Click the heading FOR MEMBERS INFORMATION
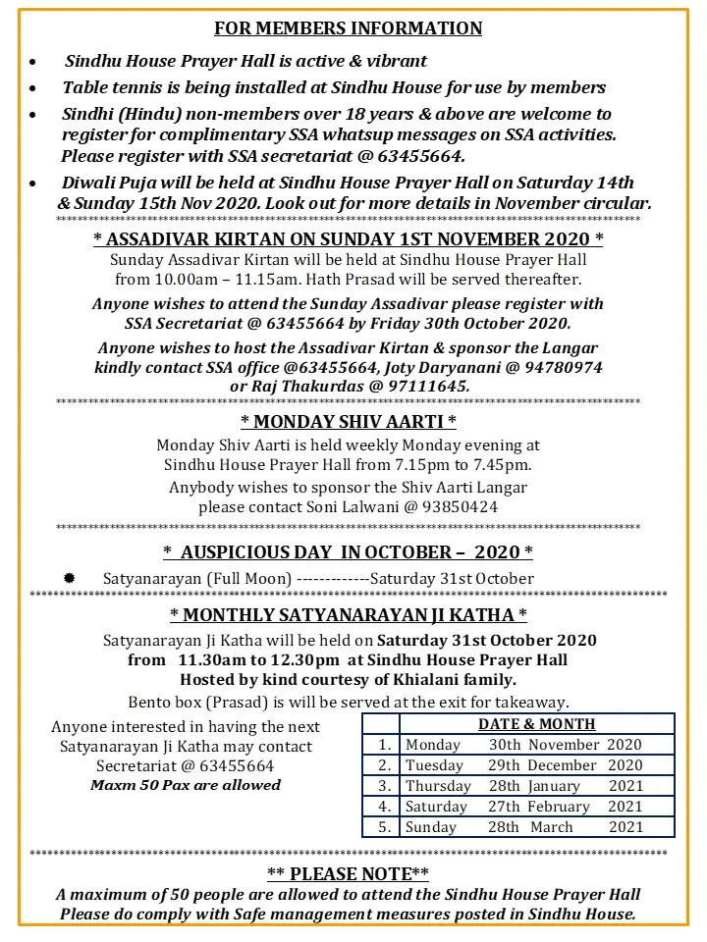[349, 27]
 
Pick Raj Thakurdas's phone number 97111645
[429, 387]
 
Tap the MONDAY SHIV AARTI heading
[349, 422]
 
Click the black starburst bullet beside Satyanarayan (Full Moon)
[70, 578]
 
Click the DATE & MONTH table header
[536, 724]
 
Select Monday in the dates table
[433, 745]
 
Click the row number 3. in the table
[384, 786]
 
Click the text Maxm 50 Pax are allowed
[186, 785]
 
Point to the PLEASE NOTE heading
[348, 873]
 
